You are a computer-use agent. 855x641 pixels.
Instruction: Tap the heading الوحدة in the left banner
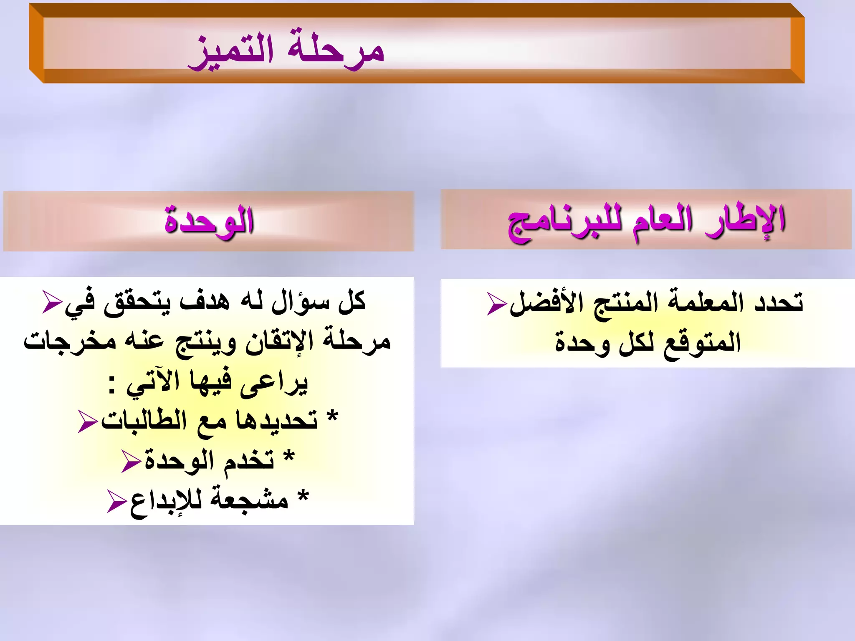pyautogui.click(x=209, y=221)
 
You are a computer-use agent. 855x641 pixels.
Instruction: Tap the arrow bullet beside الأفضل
pyautogui.click(x=497, y=303)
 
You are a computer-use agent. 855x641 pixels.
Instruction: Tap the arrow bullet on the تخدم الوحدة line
pyautogui.click(x=131, y=462)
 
